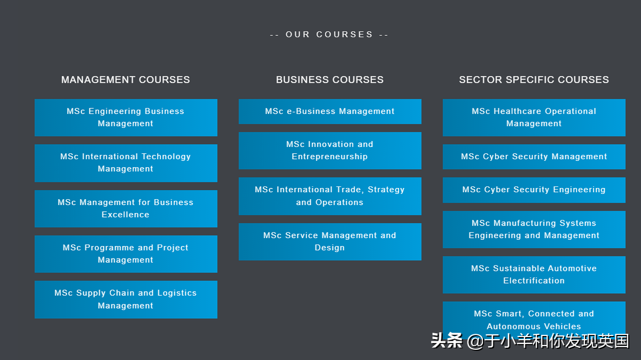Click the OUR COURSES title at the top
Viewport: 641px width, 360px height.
(x=329, y=35)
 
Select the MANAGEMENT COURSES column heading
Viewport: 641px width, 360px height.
(x=126, y=80)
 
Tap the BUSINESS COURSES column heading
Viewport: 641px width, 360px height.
(x=330, y=80)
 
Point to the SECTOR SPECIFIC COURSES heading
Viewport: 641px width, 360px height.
(x=534, y=80)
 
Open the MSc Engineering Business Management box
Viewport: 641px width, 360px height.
(x=126, y=118)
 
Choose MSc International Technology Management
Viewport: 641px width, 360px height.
(x=126, y=163)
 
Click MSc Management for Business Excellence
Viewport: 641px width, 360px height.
(x=126, y=208)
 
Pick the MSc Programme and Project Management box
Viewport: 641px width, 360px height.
(x=126, y=254)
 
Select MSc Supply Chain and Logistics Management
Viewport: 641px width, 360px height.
(x=126, y=299)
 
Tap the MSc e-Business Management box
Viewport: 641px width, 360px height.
(x=330, y=112)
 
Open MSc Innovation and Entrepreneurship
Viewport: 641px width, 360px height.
(x=330, y=151)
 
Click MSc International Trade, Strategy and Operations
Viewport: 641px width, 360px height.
(x=330, y=196)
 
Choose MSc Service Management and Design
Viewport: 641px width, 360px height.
(x=330, y=241)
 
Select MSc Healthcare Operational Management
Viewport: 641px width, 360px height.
(x=534, y=118)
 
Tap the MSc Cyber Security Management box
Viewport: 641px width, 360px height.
(x=534, y=156)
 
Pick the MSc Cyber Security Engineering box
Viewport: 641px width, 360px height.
(x=534, y=190)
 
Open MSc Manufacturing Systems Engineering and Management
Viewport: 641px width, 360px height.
(x=534, y=229)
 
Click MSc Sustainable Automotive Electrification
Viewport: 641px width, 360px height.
(x=534, y=275)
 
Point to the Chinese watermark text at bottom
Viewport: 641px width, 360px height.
(x=530, y=341)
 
